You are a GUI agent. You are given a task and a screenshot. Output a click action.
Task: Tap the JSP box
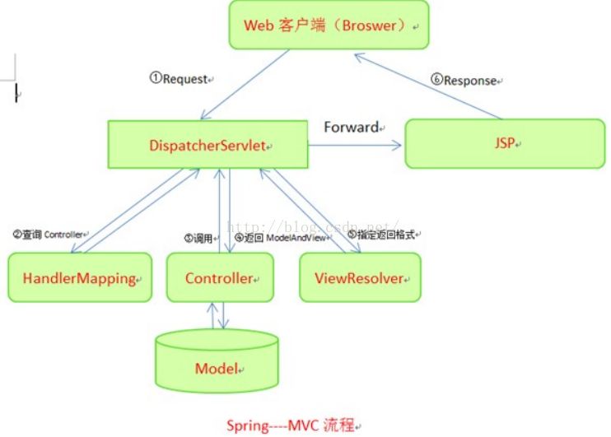(x=504, y=142)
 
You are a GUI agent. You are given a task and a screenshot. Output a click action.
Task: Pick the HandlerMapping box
(x=78, y=278)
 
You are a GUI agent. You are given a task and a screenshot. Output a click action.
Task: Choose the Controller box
(x=219, y=278)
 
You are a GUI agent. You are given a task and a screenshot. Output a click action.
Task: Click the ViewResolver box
(x=359, y=278)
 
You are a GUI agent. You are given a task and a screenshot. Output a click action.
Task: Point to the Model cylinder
(x=216, y=367)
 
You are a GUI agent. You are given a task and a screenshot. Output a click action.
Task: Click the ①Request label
(x=180, y=79)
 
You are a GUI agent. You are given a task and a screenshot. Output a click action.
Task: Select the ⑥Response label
(x=466, y=81)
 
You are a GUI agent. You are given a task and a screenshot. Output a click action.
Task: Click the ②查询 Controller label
(x=49, y=235)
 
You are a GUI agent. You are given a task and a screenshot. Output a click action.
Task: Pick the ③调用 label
(x=201, y=238)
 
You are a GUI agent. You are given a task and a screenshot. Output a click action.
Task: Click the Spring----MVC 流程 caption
(x=293, y=425)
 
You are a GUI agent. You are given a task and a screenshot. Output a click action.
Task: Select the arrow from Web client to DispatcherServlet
(x=245, y=85)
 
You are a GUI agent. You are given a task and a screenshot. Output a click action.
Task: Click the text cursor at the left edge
(x=16, y=93)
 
